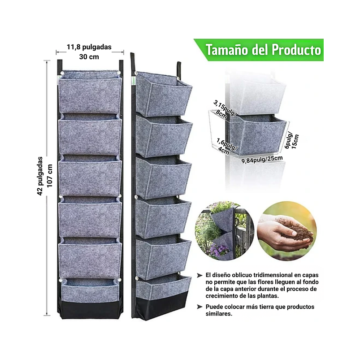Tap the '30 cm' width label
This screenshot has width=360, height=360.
click(x=89, y=56)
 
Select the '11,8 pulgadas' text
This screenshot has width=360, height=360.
click(x=89, y=47)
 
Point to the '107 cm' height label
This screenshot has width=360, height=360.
click(x=50, y=176)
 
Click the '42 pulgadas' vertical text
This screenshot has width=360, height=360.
click(x=40, y=176)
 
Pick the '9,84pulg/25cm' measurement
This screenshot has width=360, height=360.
click(x=262, y=159)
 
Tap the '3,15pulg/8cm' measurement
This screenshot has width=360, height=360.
click(x=223, y=110)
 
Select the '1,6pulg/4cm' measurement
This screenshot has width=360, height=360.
click(x=226, y=147)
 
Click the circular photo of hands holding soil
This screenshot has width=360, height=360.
click(x=287, y=231)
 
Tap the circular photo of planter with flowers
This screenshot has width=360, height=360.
click(x=225, y=231)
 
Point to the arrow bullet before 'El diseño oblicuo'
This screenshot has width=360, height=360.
click(x=200, y=275)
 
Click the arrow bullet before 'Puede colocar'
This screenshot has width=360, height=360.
click(x=200, y=307)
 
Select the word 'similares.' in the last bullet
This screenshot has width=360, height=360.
click(x=219, y=314)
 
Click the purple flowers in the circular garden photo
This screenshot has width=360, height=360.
click(x=220, y=250)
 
